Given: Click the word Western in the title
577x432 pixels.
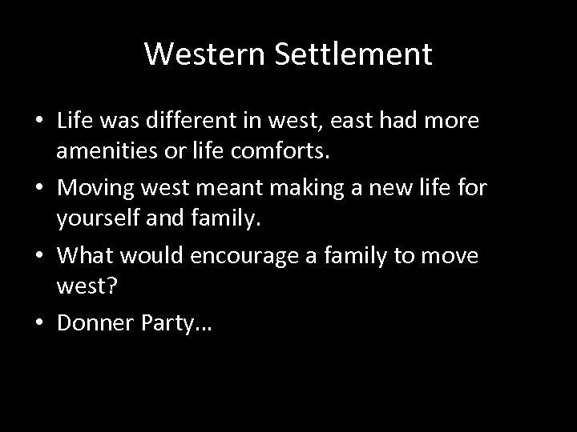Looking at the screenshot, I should coord(194,54).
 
